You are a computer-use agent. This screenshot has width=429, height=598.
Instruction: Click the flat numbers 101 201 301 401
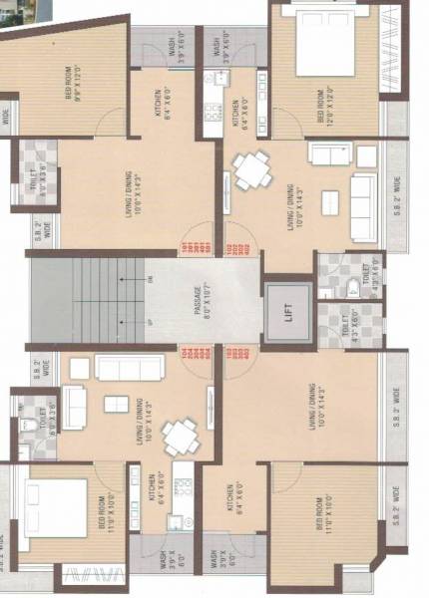[187, 249]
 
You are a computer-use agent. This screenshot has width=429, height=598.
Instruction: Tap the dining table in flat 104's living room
[180, 436]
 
